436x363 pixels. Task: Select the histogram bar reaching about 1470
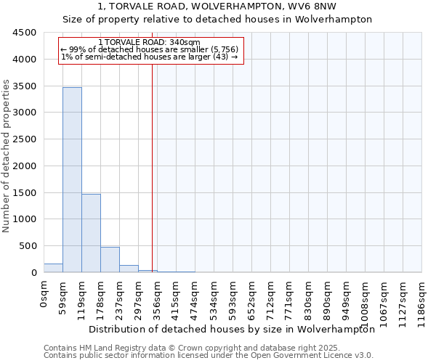[91, 233]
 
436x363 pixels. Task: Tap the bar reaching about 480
[110, 259]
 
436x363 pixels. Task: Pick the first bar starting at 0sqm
[53, 268]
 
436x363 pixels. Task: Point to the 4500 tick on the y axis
[25, 33]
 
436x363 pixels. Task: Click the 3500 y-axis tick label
[25, 86]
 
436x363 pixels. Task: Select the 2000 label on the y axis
[25, 166]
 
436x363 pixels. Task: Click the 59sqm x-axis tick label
[63, 296]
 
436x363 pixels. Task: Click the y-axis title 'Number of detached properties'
[7, 155]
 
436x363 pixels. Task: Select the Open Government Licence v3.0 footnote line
[209, 356]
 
